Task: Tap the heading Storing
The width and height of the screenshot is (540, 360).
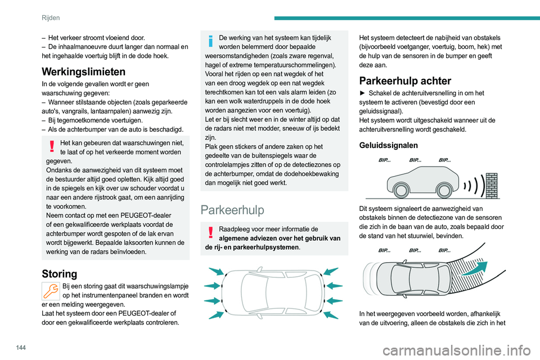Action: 59,274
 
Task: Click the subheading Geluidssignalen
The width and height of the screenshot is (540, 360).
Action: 389,145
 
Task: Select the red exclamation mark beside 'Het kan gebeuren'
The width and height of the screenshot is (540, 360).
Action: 51,146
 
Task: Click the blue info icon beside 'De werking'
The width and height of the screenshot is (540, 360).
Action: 210,42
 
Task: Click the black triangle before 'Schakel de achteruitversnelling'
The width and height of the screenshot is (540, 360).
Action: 363,93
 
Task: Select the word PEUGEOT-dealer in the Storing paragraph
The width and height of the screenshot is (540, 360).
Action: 130,313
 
